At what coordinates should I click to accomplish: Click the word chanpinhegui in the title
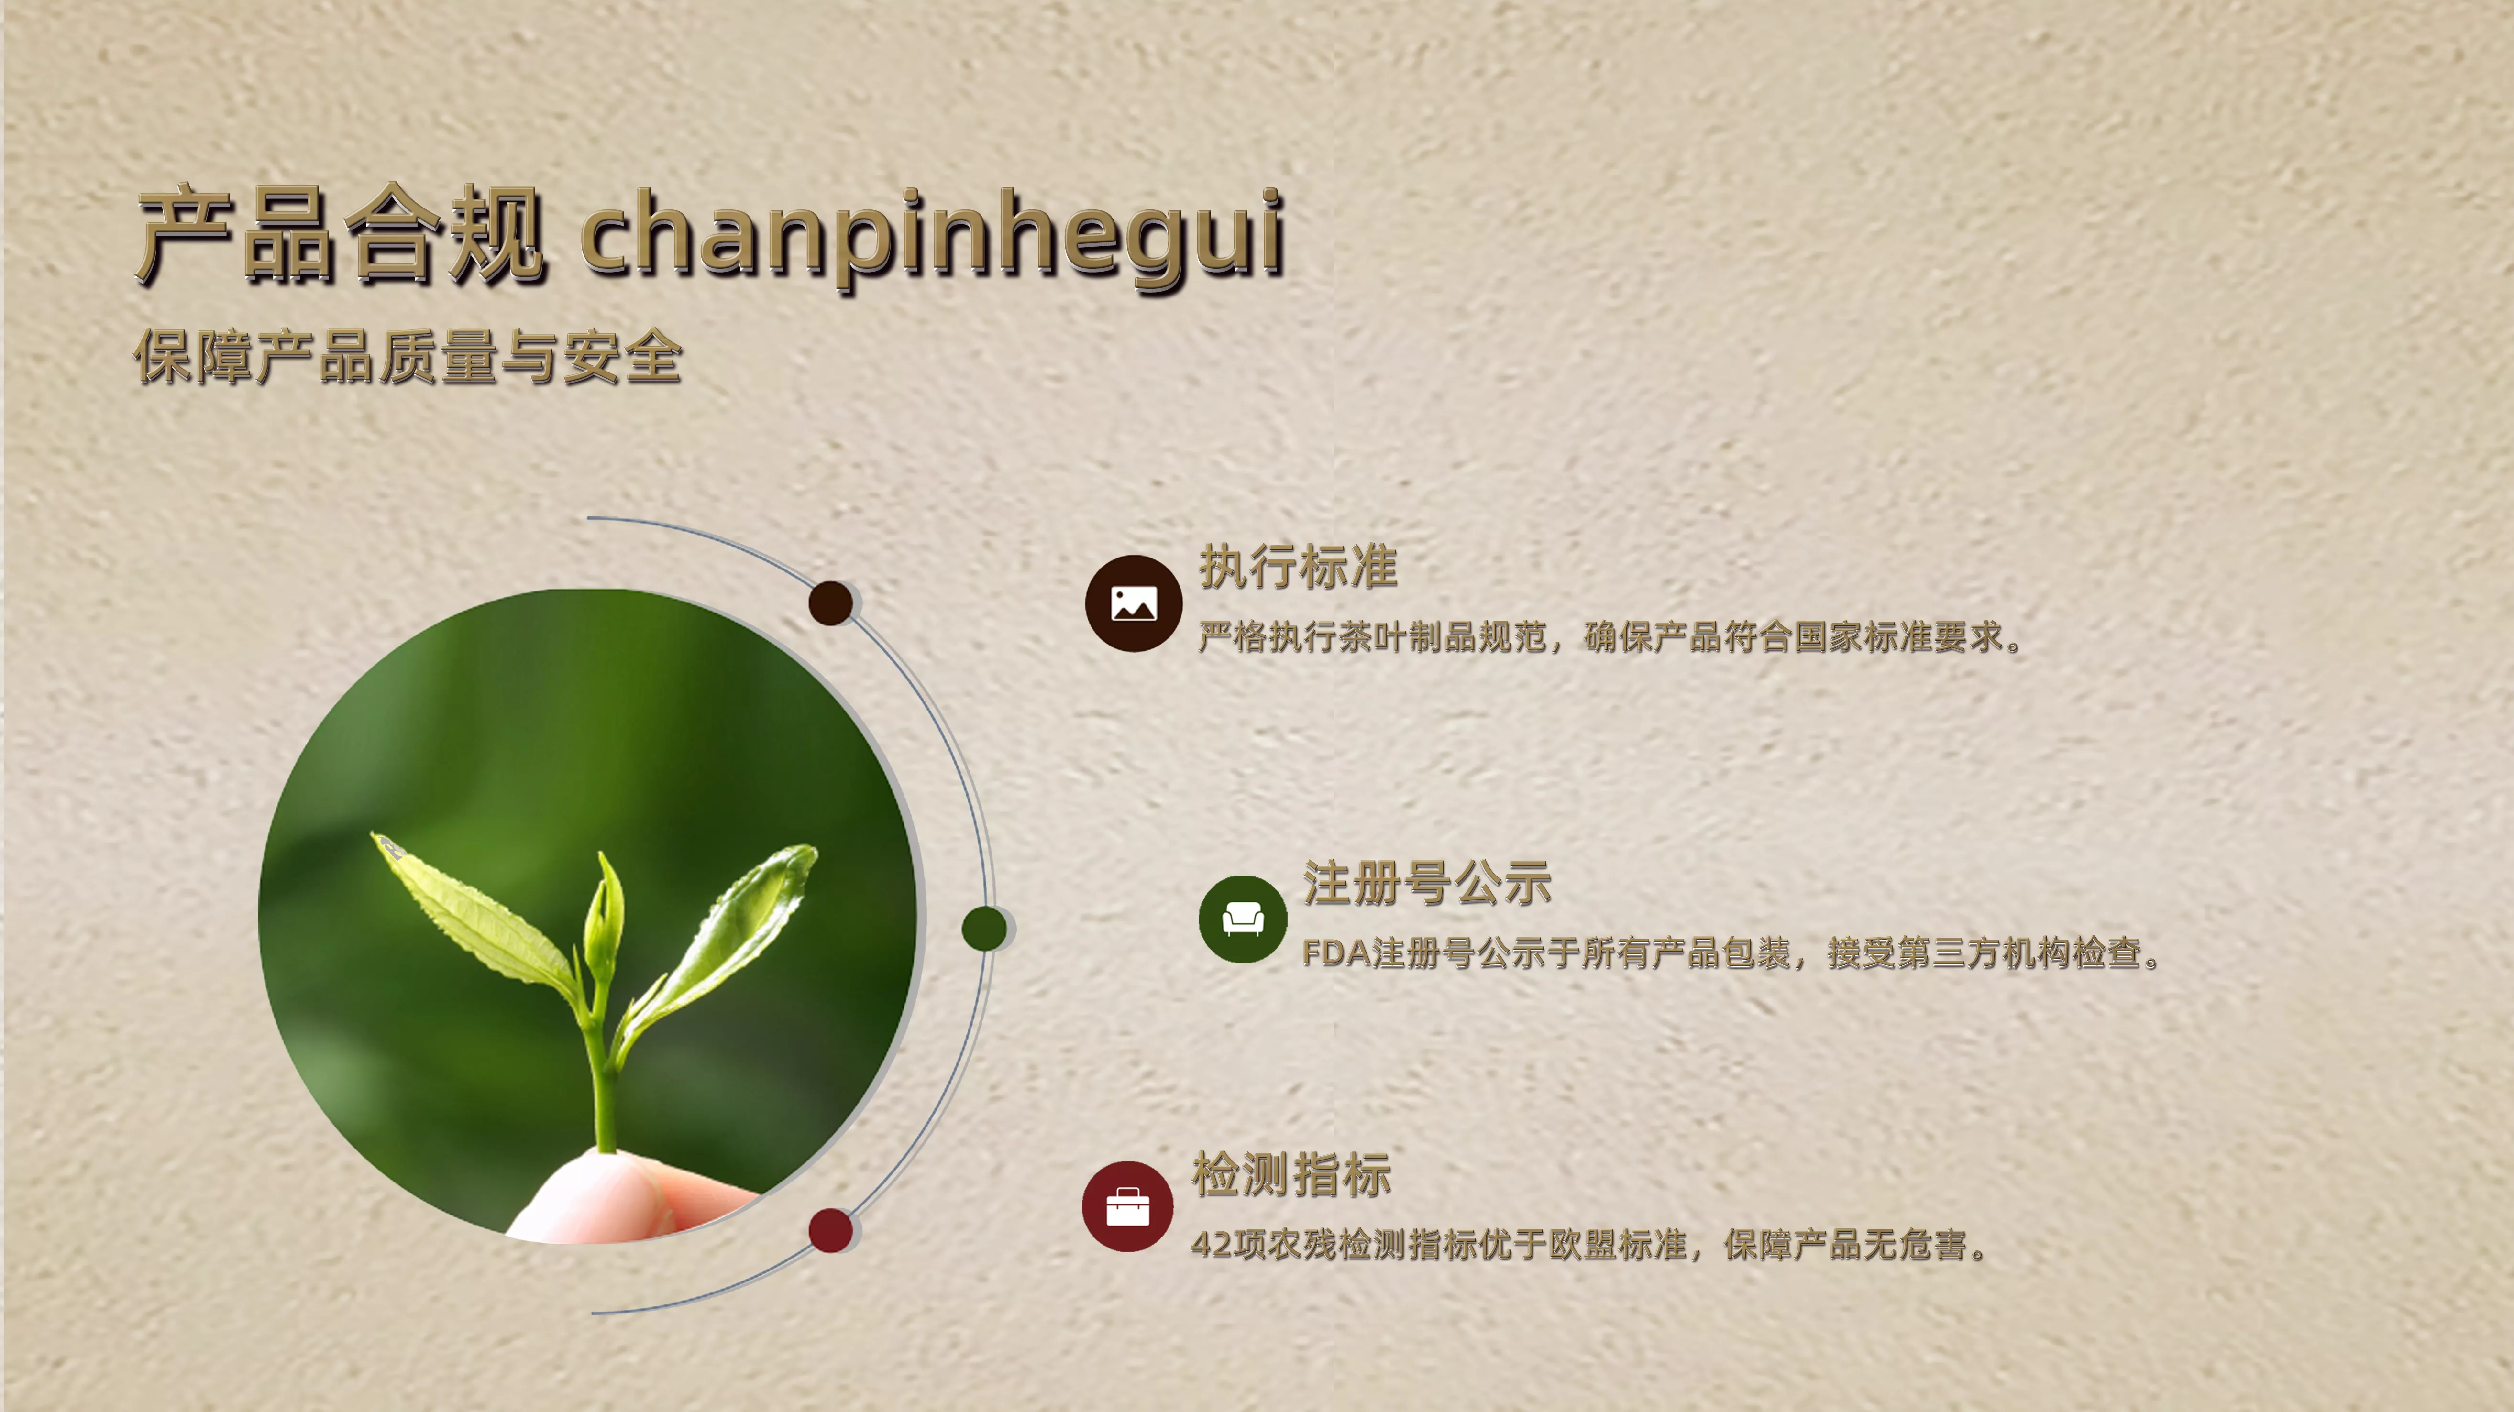tap(932, 237)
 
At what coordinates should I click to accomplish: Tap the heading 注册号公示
tap(1427, 883)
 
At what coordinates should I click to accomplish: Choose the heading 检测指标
tap(1291, 1174)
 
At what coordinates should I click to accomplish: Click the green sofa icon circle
tap(1242, 919)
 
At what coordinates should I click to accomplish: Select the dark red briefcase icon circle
tap(1127, 1206)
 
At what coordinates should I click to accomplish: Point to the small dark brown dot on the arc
tap(830, 603)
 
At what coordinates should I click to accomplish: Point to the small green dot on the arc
tap(984, 928)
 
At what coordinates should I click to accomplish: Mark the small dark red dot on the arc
tap(830, 1229)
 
